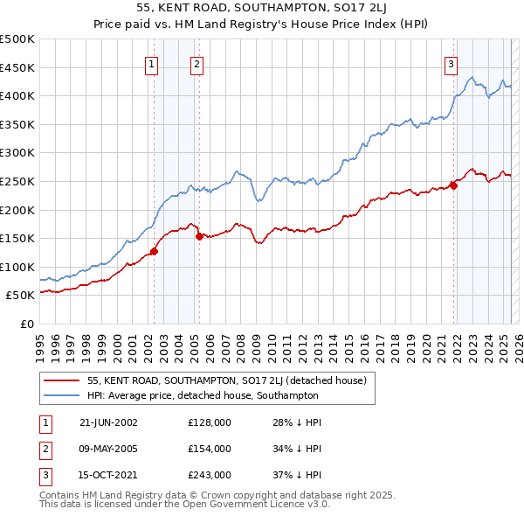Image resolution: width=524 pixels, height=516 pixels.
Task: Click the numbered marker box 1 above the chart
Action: (152, 64)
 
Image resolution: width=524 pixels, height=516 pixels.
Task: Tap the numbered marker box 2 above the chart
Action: (197, 64)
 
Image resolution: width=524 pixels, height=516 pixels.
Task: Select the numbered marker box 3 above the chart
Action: (452, 64)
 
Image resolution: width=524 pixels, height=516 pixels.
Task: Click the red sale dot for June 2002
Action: (155, 251)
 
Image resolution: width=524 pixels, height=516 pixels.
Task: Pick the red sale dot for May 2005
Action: (199, 236)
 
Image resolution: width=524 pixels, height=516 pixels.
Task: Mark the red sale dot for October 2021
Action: (454, 185)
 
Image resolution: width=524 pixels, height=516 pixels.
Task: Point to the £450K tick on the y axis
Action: (17, 67)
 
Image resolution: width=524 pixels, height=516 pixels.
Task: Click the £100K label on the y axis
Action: (17, 267)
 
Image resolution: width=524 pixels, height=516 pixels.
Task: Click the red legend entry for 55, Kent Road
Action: (227, 380)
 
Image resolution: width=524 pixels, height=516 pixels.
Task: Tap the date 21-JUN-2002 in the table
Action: (108, 422)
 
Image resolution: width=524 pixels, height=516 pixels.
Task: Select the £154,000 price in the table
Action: (210, 449)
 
